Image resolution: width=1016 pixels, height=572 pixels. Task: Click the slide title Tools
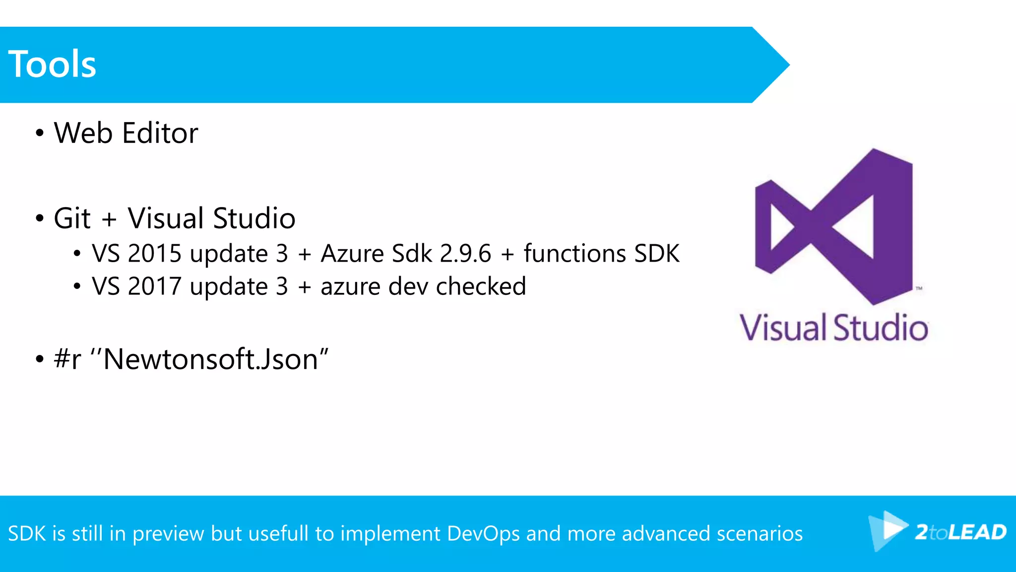[52, 65]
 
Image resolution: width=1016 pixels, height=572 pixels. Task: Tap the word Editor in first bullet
[160, 133]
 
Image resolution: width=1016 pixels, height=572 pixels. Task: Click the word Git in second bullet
[72, 218]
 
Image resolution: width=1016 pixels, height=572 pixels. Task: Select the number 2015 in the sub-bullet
[155, 254]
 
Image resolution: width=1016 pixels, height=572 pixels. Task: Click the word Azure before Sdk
[352, 254]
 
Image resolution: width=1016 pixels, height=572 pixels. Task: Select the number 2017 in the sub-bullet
[155, 286]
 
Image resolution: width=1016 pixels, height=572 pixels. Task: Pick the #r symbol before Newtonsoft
[67, 359]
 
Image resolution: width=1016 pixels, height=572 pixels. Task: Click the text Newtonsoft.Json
[210, 359]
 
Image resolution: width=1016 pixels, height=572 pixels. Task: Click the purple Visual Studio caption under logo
[833, 328]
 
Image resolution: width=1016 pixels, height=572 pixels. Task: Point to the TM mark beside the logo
[919, 288]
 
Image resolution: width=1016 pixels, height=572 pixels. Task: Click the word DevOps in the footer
[483, 534]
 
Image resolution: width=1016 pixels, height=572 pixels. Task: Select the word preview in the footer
[168, 534]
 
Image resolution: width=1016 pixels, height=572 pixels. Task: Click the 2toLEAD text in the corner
[960, 532]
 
